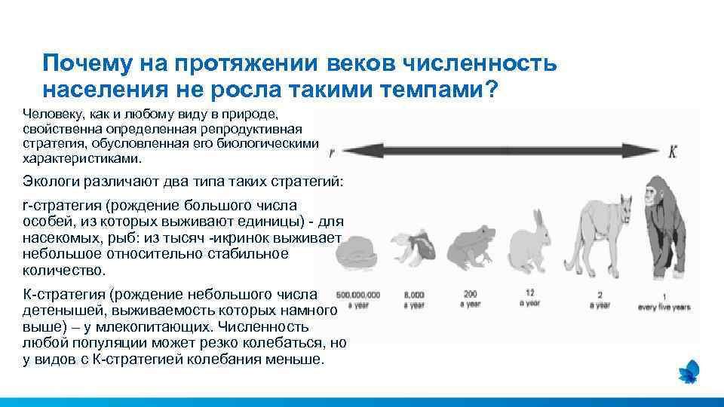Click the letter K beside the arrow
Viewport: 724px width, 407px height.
pos(673,151)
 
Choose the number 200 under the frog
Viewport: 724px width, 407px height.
pos(471,293)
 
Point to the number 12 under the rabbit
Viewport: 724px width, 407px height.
pos(529,292)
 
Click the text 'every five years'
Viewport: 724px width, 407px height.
pos(664,308)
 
